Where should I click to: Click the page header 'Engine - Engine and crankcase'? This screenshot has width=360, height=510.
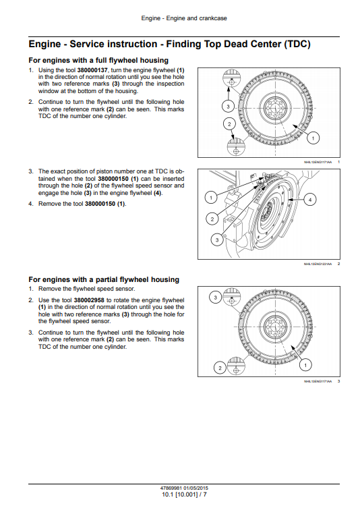click(180, 15)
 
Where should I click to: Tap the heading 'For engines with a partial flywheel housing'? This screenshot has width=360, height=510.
click(103, 279)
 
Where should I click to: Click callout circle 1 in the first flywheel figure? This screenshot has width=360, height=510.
click(313, 138)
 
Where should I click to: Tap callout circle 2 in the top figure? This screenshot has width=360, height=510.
click(229, 124)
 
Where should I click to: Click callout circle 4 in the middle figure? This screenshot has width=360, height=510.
click(309, 199)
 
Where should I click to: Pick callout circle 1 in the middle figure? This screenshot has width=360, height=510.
click(210, 198)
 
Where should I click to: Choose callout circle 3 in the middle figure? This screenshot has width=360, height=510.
click(217, 239)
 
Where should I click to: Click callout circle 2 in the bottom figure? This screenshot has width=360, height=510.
click(219, 368)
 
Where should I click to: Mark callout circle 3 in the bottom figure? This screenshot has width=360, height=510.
click(215, 297)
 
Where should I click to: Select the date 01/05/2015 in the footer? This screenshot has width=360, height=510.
click(195, 488)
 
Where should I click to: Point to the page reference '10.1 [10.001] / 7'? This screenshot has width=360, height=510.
click(180, 494)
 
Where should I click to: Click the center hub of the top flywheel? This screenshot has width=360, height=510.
click(277, 109)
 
